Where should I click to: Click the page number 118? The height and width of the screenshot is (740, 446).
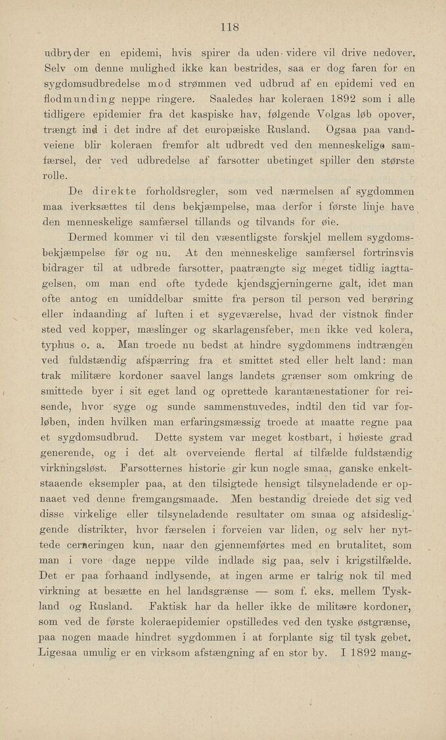point(227,27)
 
